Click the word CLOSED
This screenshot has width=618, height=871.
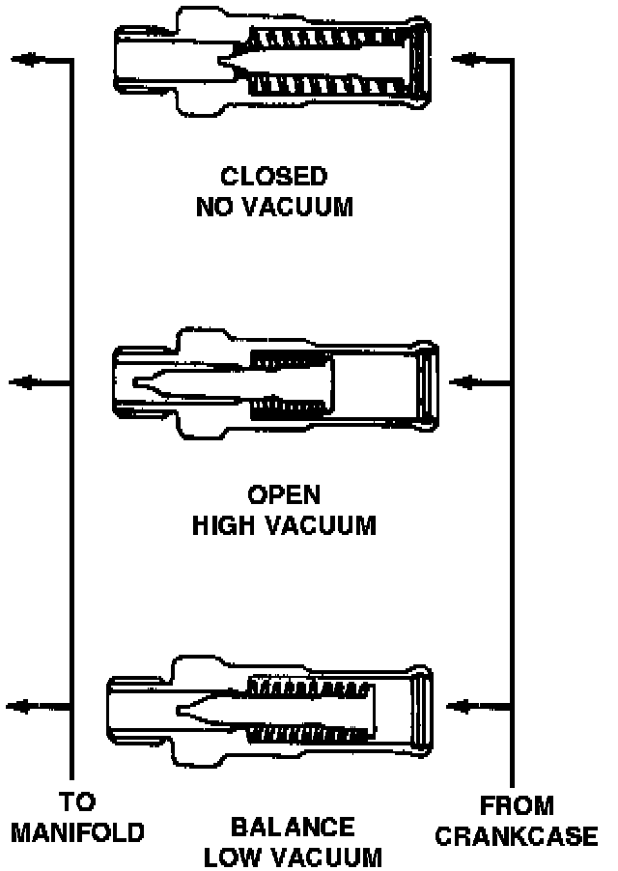(273, 177)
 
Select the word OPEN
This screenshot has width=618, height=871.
(283, 495)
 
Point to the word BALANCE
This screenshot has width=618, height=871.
(293, 828)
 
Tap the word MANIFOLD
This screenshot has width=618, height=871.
(78, 832)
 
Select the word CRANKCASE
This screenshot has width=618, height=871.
(516, 836)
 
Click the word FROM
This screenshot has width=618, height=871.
(517, 806)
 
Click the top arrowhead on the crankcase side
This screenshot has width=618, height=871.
(466, 60)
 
